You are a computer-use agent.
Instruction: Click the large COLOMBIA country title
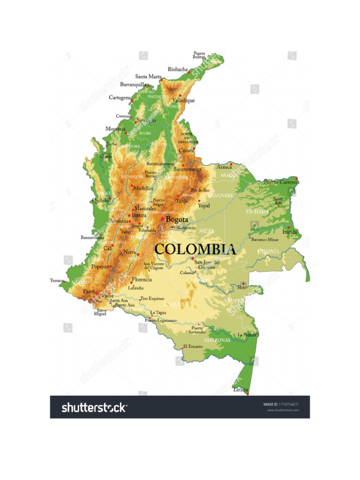[195, 249]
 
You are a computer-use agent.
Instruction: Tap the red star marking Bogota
[162, 219]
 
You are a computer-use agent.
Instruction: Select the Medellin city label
[143, 188]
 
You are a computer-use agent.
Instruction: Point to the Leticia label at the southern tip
[240, 390]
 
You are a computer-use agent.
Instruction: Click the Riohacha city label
[178, 69]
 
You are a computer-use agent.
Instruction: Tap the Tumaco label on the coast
[57, 280]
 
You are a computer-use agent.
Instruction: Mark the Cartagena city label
[120, 97]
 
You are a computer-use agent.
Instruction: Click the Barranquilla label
[133, 85]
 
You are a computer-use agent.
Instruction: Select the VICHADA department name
[258, 211]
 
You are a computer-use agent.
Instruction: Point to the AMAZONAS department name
[217, 340]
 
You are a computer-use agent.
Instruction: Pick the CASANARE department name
[221, 195]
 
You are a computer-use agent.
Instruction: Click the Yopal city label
[203, 205]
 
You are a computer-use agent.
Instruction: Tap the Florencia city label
[142, 279]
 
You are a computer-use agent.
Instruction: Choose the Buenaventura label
[92, 238]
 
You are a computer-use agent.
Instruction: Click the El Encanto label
[193, 346]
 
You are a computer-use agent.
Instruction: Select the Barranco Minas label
[265, 240]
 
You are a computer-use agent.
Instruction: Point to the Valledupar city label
[183, 100]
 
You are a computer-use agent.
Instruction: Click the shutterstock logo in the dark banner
[94, 407]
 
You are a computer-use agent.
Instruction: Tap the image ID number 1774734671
[289, 404]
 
